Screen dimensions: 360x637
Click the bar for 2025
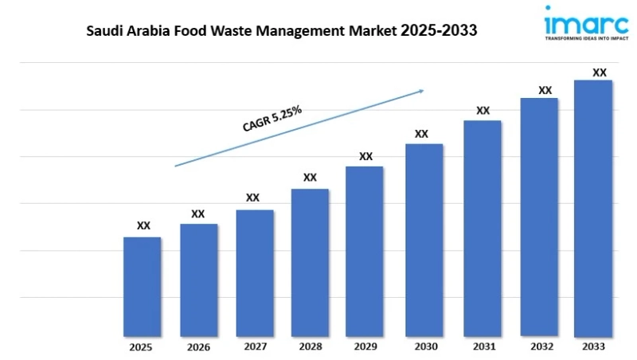point(142,286)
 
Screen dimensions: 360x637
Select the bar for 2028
point(310,262)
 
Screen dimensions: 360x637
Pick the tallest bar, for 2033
point(593,208)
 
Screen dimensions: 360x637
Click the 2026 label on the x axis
point(198,347)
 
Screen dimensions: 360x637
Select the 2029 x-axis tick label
point(365,347)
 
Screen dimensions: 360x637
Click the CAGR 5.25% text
point(272,119)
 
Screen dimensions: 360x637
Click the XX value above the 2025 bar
point(143,226)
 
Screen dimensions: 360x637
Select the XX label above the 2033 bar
point(600,72)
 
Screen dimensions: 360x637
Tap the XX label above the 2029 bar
point(365,156)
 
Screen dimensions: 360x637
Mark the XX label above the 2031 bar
point(483,111)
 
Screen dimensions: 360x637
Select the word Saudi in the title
point(105,31)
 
